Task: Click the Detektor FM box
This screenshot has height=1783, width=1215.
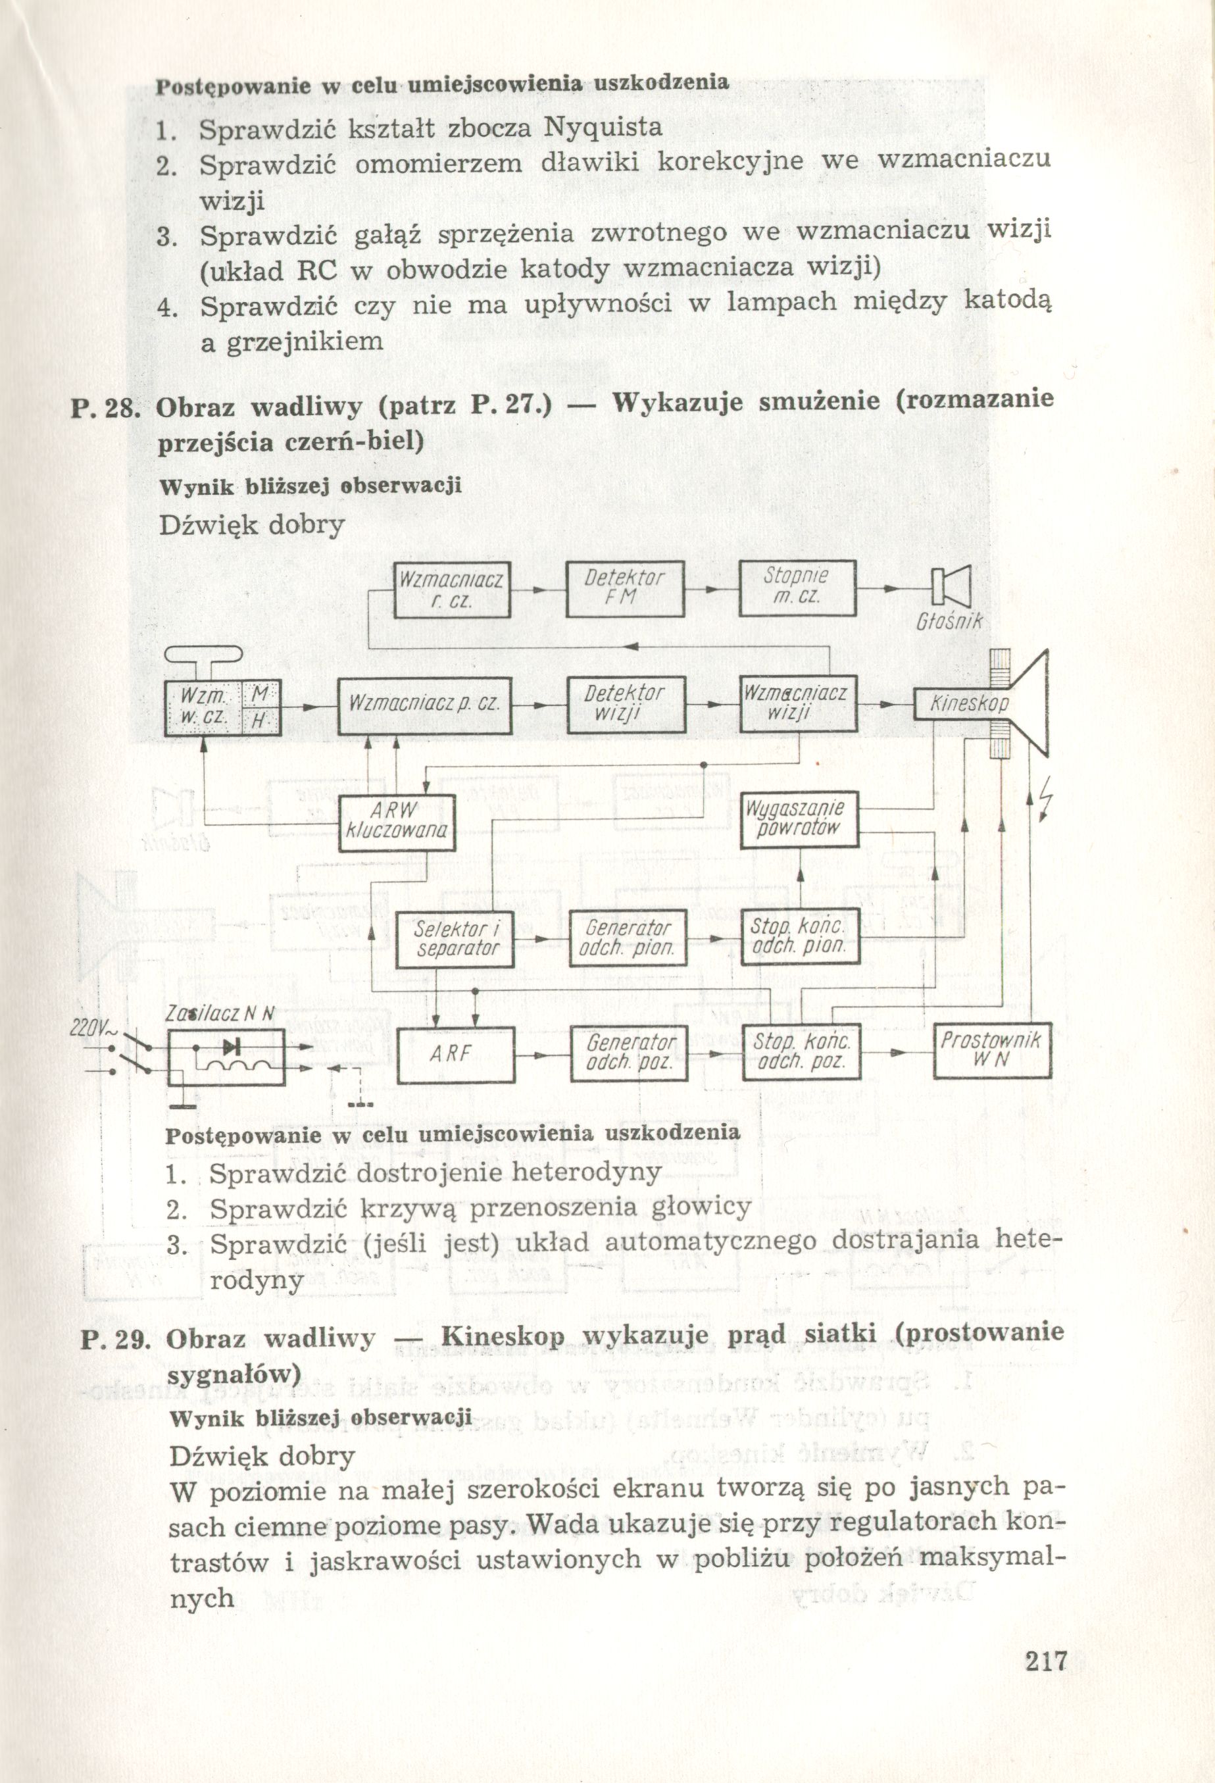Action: click(624, 590)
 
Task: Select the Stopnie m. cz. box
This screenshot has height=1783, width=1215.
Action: click(797, 590)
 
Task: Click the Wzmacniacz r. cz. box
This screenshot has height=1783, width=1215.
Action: click(452, 590)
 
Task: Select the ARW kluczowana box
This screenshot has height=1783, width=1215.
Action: click(397, 822)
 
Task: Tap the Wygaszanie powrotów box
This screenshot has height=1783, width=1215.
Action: click(799, 818)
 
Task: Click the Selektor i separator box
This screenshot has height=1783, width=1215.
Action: click(457, 938)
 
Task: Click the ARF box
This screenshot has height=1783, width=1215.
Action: click(457, 1054)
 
